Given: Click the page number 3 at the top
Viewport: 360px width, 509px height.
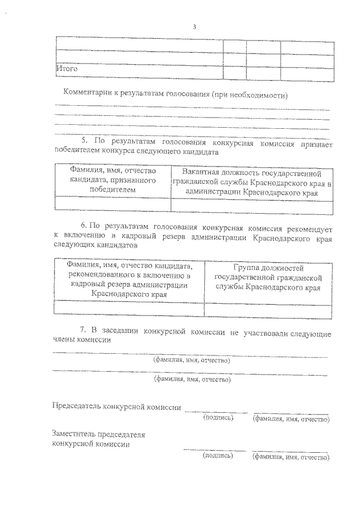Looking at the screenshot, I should pos(194,26).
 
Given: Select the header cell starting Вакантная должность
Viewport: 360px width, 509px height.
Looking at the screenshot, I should pos(251,182).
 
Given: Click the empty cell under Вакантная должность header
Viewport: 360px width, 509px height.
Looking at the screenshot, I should pos(251,206).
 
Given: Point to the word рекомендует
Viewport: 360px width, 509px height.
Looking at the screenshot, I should pos(307,229).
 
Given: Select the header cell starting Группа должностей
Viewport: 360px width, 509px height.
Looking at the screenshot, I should pos(268,277).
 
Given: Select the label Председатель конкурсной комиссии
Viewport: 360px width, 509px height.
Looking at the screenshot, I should pos(116,407).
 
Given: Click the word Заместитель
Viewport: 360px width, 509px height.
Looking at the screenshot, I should pos(73,434).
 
